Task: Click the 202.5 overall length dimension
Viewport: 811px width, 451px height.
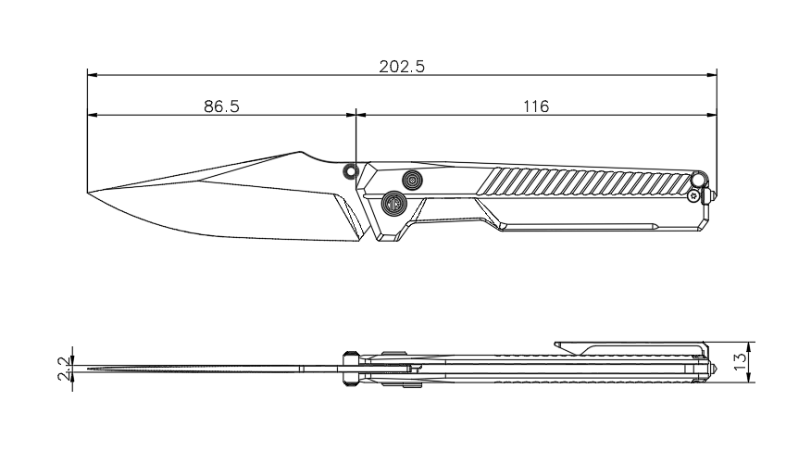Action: tap(402, 67)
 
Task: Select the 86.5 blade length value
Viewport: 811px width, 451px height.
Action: tap(222, 106)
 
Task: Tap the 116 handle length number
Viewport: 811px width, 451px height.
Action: tap(535, 106)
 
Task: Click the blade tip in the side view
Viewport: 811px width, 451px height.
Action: tap(90, 193)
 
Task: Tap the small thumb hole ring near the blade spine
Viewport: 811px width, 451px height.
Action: tap(350, 170)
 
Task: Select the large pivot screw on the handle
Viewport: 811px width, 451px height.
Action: tap(395, 202)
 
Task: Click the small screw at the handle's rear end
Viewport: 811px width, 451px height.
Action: tap(694, 195)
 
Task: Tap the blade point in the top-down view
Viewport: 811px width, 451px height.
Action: tap(85, 370)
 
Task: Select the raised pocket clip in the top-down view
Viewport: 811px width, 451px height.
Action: tap(630, 346)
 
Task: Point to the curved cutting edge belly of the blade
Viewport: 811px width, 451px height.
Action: tap(185, 226)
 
